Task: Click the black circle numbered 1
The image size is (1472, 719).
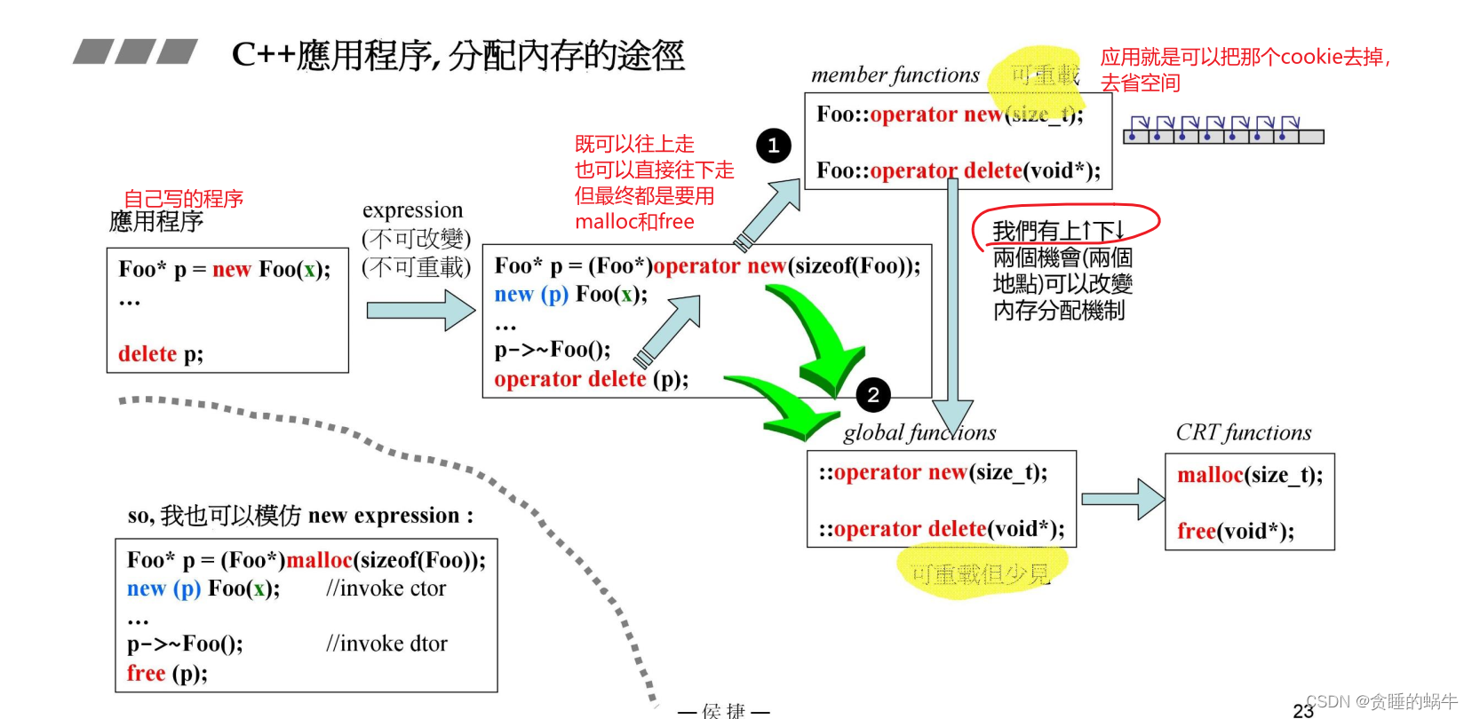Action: click(x=773, y=146)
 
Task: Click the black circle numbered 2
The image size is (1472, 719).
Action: click(x=873, y=395)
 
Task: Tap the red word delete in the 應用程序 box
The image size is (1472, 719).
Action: click(x=147, y=354)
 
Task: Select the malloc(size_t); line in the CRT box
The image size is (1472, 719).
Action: click(x=1249, y=476)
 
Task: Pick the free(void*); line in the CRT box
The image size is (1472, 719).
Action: click(x=1235, y=532)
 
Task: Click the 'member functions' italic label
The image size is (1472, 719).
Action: click(x=895, y=75)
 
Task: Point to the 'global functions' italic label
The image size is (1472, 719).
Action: click(x=919, y=433)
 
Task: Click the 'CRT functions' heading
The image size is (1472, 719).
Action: click(x=1243, y=433)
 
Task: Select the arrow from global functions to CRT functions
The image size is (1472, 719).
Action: click(x=1122, y=500)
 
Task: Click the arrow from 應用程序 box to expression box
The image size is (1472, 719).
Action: click(x=420, y=311)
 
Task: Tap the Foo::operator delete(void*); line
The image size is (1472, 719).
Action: click(x=958, y=170)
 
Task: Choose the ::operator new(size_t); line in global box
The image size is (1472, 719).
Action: click(x=933, y=472)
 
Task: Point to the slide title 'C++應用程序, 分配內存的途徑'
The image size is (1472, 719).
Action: click(x=458, y=55)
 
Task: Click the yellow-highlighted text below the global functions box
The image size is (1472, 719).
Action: click(x=980, y=574)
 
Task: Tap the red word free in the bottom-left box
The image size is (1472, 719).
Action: click(x=146, y=674)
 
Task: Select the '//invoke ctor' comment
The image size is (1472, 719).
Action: click(x=386, y=589)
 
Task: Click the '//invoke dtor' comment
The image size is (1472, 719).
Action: click(x=386, y=644)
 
